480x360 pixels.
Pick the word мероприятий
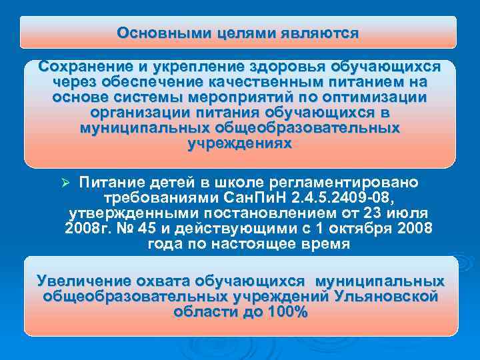tap(253, 97)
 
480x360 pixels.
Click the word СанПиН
tap(256, 198)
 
